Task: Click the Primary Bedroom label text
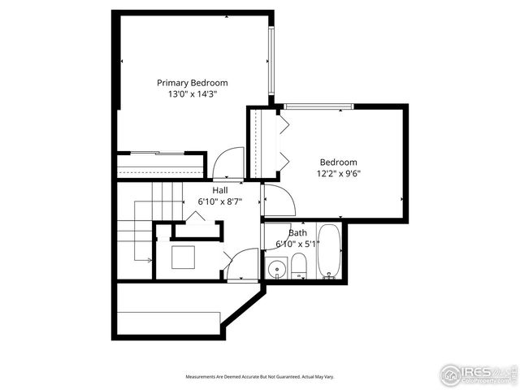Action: [x=192, y=83]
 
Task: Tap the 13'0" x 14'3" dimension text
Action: [x=192, y=94]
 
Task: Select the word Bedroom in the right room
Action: [x=338, y=162]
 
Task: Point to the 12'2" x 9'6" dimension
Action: [x=338, y=173]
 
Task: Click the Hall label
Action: [x=219, y=190]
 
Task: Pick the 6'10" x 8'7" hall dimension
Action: [x=219, y=201]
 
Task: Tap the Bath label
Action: [x=297, y=232]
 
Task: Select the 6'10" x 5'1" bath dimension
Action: [x=297, y=244]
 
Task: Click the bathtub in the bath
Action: [x=329, y=252]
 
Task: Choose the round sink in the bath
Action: [x=276, y=267]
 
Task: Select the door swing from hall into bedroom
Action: [x=276, y=200]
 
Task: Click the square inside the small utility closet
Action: [x=183, y=257]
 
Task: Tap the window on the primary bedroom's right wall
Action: [x=272, y=62]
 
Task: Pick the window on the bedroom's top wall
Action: [x=318, y=106]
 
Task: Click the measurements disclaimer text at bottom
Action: [x=259, y=377]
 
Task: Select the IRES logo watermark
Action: [x=477, y=374]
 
